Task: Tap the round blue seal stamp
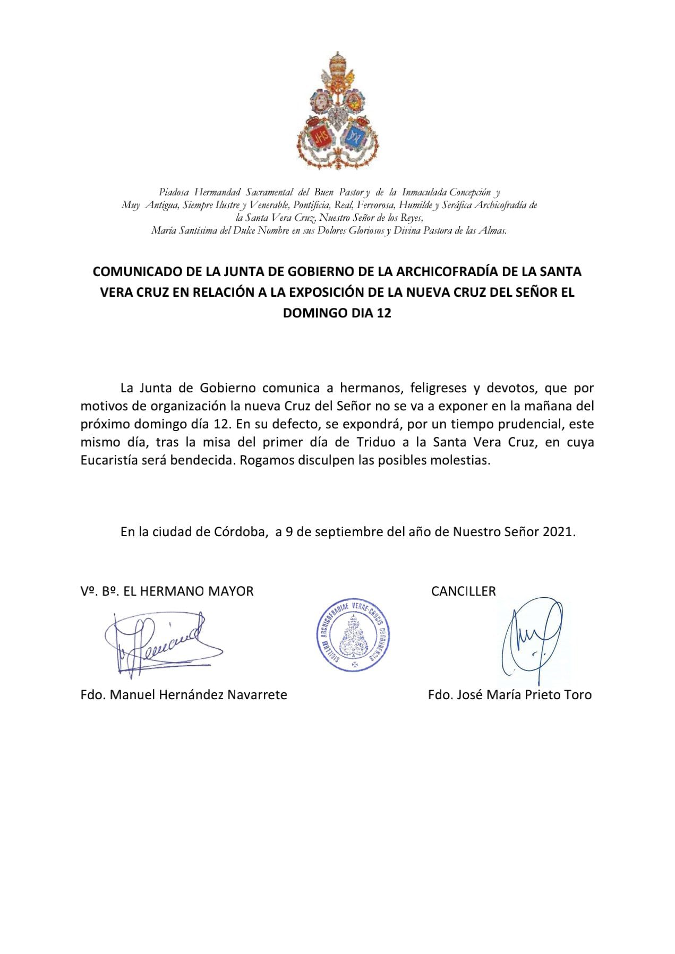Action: point(351,636)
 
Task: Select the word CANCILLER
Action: point(463,591)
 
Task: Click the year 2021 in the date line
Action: point(558,532)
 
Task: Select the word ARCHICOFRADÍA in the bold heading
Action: point(445,272)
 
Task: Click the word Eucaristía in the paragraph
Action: point(109,460)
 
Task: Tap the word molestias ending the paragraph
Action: point(462,460)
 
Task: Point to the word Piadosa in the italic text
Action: point(174,192)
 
